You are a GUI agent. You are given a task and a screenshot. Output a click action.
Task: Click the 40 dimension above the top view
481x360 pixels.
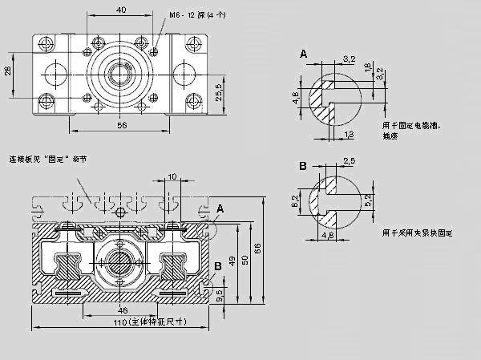click(x=120, y=10)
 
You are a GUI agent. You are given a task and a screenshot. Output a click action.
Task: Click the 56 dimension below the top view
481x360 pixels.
click(x=122, y=125)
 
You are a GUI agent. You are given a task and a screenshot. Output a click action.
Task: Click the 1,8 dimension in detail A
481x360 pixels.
click(x=368, y=70)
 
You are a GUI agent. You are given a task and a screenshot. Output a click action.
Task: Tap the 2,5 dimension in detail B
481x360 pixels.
click(x=349, y=161)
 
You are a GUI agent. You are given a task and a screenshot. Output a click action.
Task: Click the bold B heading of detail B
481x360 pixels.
click(x=303, y=166)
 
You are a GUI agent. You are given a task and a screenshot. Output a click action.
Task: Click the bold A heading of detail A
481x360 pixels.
click(x=303, y=53)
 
